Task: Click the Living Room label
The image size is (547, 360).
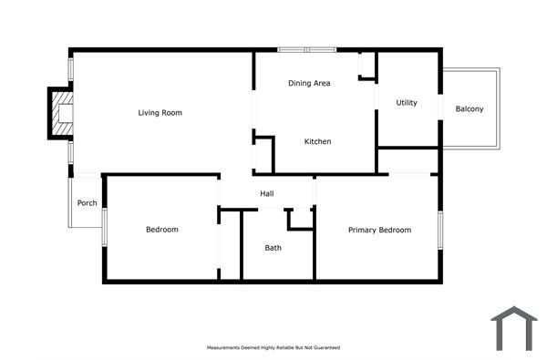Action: [x=160, y=113]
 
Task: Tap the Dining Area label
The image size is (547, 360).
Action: [x=309, y=83]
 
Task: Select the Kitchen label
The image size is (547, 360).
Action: [x=317, y=141]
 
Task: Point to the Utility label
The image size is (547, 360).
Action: [x=407, y=102]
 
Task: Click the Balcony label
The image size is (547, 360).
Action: [x=470, y=109]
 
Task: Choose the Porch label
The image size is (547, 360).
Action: [x=88, y=202]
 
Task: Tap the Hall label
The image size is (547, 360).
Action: [x=267, y=193]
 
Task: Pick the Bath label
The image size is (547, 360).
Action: [x=273, y=248]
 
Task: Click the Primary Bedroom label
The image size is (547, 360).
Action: [x=379, y=230]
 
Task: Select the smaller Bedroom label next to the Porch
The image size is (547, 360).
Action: [x=162, y=230]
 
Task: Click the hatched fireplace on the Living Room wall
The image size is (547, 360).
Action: [x=61, y=113]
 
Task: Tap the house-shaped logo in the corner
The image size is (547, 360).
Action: [x=514, y=328]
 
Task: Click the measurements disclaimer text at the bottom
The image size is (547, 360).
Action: [x=273, y=348]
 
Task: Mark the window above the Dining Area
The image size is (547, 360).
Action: [x=307, y=49]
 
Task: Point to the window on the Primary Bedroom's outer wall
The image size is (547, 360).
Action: [x=439, y=230]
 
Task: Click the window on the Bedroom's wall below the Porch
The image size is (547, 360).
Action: [x=105, y=227]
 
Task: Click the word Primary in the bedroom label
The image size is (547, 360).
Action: [x=362, y=230]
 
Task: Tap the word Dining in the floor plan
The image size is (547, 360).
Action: [x=300, y=83]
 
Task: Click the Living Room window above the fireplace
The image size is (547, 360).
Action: [x=70, y=70]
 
